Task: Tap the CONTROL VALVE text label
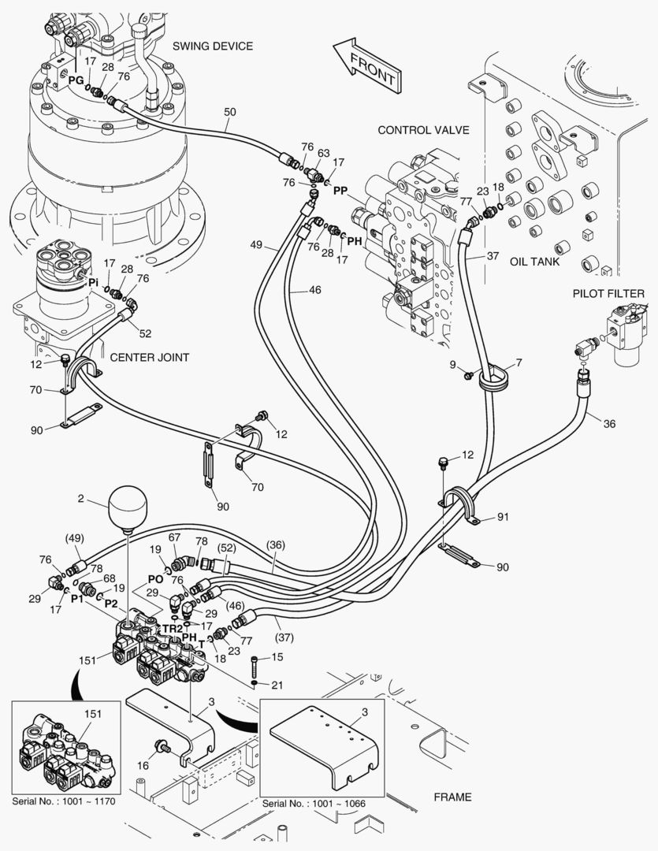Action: [423, 129]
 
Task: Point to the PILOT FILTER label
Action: [608, 294]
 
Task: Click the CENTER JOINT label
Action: [149, 357]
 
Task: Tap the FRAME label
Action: [452, 797]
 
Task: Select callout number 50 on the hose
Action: [229, 112]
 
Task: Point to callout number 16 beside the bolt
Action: [143, 764]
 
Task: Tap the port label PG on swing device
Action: [76, 80]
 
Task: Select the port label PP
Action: [340, 191]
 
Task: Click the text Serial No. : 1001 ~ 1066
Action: [323, 802]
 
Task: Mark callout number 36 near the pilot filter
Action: [608, 424]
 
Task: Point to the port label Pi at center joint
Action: [93, 281]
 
